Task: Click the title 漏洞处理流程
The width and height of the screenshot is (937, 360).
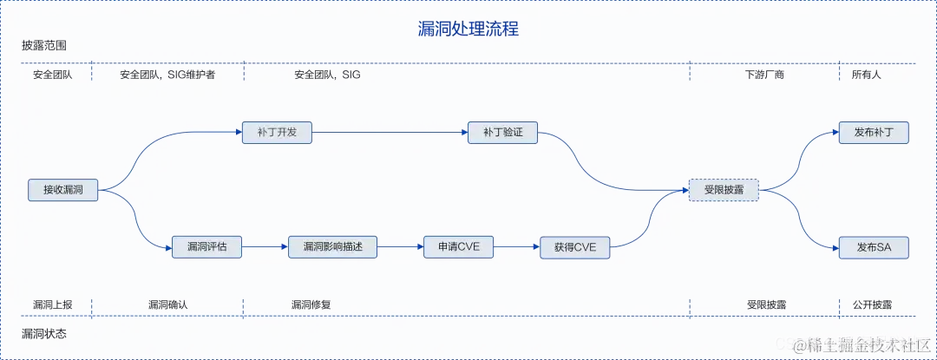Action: [468, 29]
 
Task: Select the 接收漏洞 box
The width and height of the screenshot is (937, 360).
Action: [62, 189]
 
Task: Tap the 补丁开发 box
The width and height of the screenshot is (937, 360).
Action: [277, 133]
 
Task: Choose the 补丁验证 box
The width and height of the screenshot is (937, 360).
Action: [502, 133]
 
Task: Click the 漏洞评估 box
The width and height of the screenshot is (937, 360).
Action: [206, 247]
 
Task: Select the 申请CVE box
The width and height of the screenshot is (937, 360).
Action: [459, 247]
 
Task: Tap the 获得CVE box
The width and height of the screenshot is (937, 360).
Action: [574, 247]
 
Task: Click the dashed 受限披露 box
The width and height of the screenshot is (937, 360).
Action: [724, 189]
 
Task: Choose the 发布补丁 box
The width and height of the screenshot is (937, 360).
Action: [874, 133]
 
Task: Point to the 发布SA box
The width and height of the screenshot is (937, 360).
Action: [874, 247]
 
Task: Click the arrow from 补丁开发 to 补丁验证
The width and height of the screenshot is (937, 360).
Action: [389, 133]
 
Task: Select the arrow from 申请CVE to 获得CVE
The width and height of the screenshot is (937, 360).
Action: [517, 247]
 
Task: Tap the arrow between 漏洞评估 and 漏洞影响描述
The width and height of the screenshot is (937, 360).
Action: [265, 247]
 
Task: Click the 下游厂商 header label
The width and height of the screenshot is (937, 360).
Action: [764, 75]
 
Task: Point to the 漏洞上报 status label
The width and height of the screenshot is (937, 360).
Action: [53, 305]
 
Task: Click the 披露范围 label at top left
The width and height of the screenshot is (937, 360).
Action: [44, 45]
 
